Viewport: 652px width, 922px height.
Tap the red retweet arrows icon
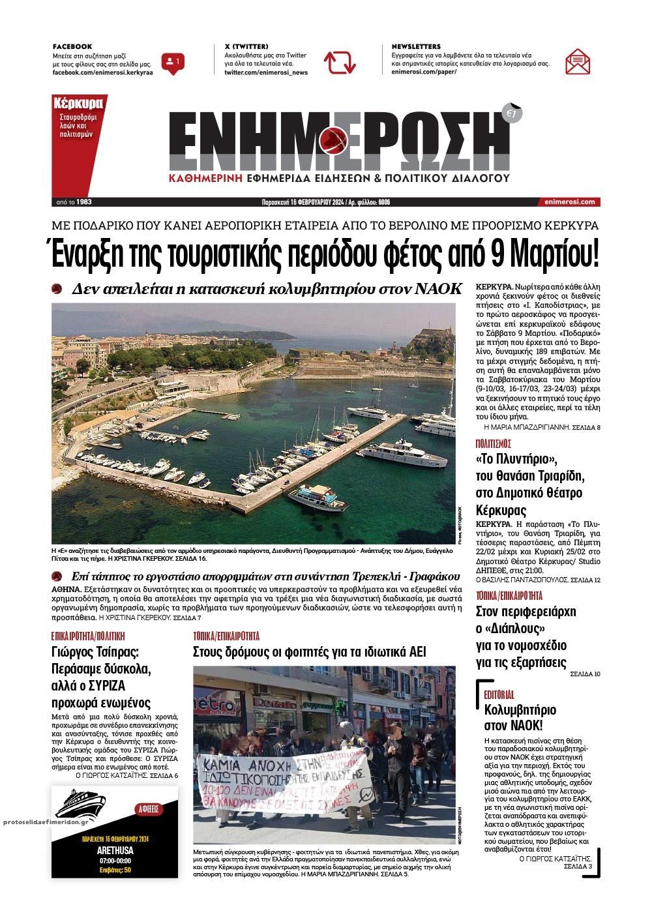click(x=340, y=63)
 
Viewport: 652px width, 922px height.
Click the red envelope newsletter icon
click(x=578, y=62)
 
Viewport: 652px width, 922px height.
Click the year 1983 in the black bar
click(x=84, y=202)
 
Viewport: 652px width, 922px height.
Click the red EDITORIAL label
click(x=499, y=695)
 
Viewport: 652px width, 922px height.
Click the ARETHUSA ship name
click(x=114, y=850)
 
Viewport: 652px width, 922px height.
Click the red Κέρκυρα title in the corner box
click(x=78, y=103)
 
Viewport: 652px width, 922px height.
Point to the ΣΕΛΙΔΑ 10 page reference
click(x=585, y=674)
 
